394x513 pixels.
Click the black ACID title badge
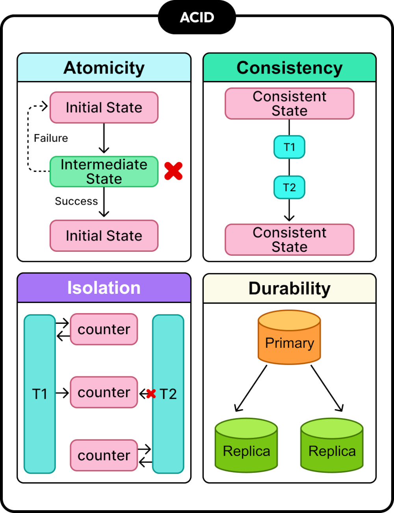coord(197,17)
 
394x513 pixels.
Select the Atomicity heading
coord(104,68)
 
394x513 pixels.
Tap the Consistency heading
coord(290,68)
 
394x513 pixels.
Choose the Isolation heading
coord(104,288)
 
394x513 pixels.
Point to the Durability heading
coord(290,288)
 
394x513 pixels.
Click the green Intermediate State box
coord(104,172)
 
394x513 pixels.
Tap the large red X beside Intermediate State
coord(173,171)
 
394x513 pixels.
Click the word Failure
coord(51,138)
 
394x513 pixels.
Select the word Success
coord(76,201)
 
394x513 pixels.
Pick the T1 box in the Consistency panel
coord(289,147)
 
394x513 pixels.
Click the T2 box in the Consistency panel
coord(289,187)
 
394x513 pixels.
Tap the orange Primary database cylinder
coord(289,338)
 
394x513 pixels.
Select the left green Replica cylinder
coord(246,445)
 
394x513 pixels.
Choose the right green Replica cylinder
coord(332,445)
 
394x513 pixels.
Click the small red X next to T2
coord(151,393)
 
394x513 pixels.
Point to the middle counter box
coord(104,392)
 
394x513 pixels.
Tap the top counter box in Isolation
coord(104,329)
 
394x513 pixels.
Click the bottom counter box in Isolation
coord(104,456)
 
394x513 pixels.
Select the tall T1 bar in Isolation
coord(40,394)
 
